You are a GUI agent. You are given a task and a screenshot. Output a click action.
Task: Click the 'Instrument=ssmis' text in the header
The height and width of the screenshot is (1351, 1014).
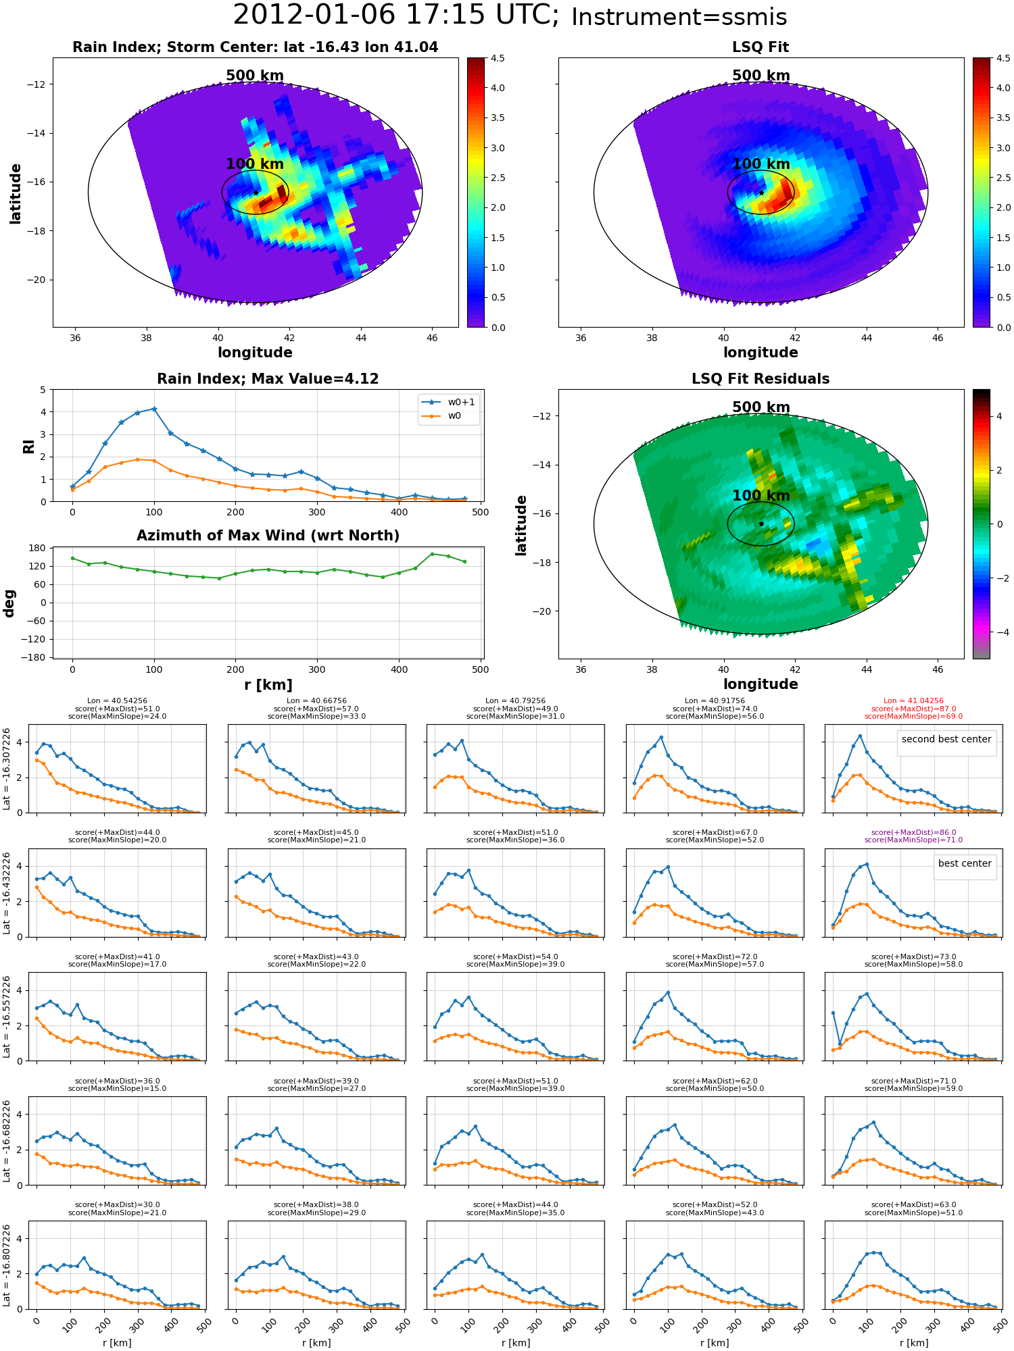(x=679, y=17)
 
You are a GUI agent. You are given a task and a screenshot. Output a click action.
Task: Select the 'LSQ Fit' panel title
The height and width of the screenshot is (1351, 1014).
(x=760, y=47)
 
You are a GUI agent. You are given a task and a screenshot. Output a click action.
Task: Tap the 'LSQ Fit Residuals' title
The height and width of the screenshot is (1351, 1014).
(x=760, y=379)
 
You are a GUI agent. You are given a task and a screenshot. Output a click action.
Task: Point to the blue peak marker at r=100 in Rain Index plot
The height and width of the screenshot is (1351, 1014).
(x=154, y=409)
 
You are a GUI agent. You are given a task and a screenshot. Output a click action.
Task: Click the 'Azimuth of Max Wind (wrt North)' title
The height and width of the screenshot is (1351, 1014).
(x=268, y=536)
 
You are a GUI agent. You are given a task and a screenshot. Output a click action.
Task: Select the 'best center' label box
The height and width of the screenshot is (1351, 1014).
(x=964, y=863)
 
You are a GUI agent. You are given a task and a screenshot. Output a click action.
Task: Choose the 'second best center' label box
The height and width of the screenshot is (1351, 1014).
(x=946, y=739)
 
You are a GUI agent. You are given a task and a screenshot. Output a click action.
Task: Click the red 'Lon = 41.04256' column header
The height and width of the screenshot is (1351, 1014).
(x=913, y=701)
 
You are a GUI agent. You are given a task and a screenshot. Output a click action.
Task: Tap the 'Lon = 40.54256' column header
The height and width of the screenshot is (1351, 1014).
(x=117, y=701)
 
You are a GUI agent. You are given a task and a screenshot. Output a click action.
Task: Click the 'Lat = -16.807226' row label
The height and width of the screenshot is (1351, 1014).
(x=7, y=1265)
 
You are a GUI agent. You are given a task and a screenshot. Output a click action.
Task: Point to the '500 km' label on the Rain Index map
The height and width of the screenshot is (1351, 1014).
(x=255, y=76)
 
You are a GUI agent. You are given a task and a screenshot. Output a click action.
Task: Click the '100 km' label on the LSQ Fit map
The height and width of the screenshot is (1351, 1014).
(x=760, y=164)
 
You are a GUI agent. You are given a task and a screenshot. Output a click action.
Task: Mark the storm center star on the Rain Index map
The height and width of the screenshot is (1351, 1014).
(x=256, y=193)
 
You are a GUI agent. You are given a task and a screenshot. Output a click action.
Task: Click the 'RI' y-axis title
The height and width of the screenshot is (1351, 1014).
(x=29, y=446)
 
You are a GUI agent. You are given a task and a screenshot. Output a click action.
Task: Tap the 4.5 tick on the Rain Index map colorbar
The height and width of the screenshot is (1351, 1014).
(x=498, y=58)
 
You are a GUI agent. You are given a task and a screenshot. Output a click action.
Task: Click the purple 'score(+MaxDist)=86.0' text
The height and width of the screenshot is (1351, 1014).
(x=913, y=832)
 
